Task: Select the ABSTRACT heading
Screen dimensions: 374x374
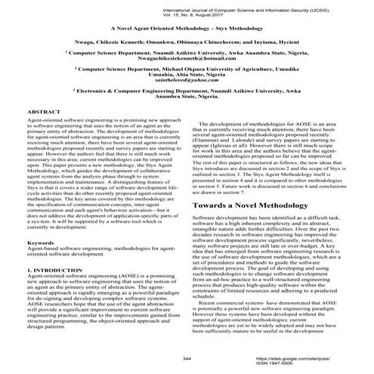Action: pyautogui.click(x=44, y=134)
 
